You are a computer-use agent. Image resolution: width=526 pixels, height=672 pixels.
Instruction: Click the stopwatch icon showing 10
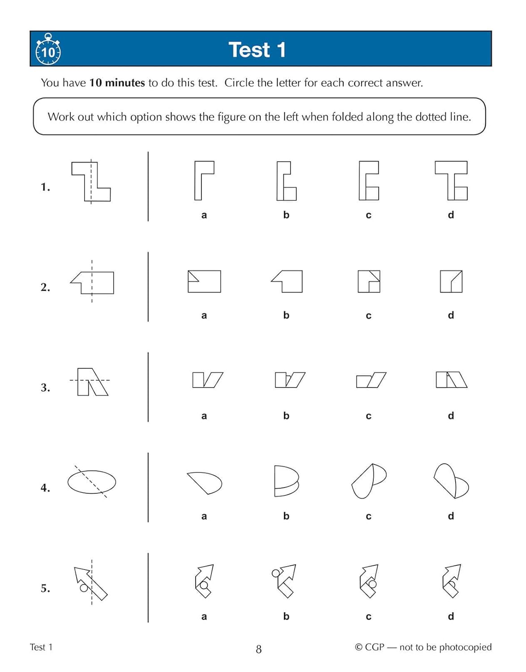click(48, 50)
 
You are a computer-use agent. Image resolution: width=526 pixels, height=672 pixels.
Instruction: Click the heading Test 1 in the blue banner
click(257, 50)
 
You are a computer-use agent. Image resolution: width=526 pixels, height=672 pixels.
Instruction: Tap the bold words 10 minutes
click(117, 83)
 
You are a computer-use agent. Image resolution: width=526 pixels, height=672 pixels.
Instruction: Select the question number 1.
click(45, 187)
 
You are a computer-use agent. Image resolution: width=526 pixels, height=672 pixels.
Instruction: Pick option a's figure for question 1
click(204, 180)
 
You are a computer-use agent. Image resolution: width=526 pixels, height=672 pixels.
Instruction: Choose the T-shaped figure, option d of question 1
click(451, 180)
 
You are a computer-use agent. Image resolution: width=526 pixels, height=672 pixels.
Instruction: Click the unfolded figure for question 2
click(92, 283)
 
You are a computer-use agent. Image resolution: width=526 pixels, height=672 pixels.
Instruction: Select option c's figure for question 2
click(369, 281)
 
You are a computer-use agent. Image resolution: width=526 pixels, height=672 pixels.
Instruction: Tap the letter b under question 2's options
click(286, 315)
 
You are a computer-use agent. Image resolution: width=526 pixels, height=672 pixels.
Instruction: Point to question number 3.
click(45, 388)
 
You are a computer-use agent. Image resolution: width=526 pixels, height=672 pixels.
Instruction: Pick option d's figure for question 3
click(451, 380)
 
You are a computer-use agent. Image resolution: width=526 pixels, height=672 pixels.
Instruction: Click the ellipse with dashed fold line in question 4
click(92, 482)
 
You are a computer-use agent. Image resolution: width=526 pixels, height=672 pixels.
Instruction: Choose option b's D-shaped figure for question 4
click(286, 481)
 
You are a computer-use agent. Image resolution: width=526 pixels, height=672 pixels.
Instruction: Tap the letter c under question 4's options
click(368, 517)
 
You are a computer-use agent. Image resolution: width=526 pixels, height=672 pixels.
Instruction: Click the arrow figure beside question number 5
click(91, 582)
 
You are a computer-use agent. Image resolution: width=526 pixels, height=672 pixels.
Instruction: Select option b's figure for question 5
click(285, 581)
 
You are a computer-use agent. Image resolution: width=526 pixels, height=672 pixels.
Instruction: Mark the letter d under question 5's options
click(451, 616)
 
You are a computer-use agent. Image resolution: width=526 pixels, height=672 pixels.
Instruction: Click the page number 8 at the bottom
click(258, 649)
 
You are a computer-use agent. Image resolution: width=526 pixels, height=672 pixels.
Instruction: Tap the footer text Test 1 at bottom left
click(41, 647)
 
